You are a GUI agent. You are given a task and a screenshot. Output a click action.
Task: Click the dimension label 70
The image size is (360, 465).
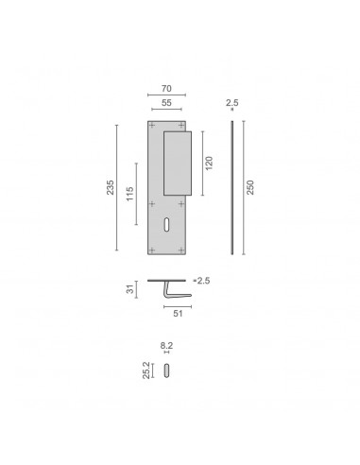166,89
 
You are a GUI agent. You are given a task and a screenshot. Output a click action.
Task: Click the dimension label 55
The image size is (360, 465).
166,103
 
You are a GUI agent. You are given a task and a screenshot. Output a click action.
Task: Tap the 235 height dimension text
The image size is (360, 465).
110,187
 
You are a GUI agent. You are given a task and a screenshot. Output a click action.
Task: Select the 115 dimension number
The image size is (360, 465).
129,194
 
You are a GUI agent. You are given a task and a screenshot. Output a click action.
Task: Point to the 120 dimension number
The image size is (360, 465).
209,164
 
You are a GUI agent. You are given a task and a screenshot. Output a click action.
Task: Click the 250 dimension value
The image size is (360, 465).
249,187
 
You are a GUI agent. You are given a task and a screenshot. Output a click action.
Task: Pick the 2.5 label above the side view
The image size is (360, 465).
232,103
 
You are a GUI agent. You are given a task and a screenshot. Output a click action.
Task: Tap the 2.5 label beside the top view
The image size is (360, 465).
203,281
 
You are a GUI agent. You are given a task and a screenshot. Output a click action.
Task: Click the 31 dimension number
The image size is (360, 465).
130,289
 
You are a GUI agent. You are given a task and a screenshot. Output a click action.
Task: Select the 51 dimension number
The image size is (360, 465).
178,314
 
